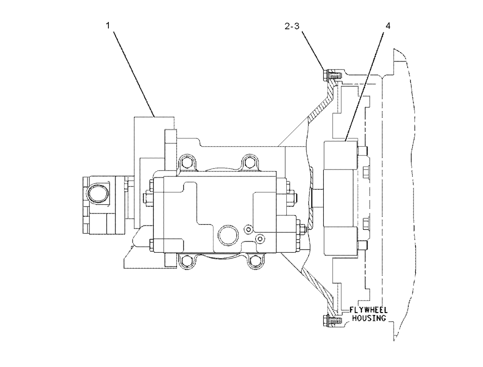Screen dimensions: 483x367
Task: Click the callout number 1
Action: click(x=108, y=25)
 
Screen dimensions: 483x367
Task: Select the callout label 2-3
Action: click(x=292, y=26)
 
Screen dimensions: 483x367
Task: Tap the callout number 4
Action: click(x=388, y=26)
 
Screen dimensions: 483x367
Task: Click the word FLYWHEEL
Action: click(x=368, y=310)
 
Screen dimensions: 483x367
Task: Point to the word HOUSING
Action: click(x=369, y=318)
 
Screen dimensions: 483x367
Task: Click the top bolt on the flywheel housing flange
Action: click(x=332, y=75)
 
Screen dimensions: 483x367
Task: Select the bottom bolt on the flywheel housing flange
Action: click(x=332, y=320)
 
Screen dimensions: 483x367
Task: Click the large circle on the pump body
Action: click(x=228, y=234)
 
